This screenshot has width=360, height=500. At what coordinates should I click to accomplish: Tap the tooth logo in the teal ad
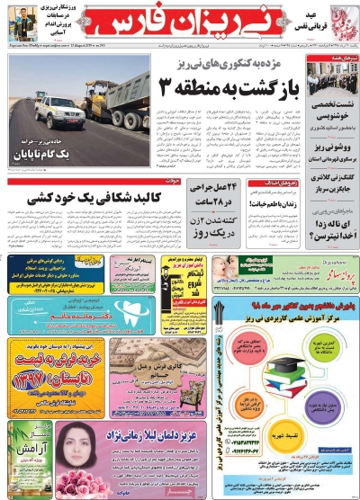coord(22,316)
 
